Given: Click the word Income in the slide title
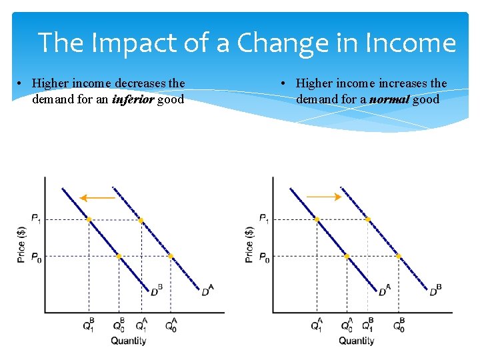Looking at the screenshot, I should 410,43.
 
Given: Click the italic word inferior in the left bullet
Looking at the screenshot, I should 132,100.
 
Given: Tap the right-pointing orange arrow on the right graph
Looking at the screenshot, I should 325,197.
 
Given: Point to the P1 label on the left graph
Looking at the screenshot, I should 36,219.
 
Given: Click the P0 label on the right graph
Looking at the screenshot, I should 264,257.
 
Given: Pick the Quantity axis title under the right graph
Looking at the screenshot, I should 356,341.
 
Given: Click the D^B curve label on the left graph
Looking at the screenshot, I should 156,291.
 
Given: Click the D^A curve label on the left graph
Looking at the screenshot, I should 207,291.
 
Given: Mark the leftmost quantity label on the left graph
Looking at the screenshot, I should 89,325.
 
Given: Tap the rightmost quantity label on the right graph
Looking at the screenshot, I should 398,325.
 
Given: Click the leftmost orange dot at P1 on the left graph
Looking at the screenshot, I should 89,219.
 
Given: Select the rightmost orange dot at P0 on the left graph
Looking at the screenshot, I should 170,256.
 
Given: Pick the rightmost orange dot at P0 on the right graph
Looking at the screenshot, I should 398,256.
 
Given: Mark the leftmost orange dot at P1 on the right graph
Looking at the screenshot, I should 317,219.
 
